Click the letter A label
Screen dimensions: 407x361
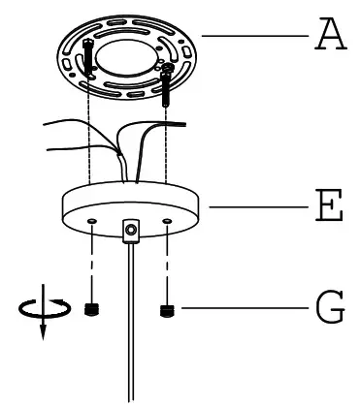click(x=330, y=36)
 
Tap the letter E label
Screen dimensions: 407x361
click(x=330, y=206)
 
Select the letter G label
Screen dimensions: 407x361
click(x=330, y=310)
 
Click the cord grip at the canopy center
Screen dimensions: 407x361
click(x=130, y=230)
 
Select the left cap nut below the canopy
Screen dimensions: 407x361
click(x=92, y=309)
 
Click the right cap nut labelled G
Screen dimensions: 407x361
click(x=166, y=310)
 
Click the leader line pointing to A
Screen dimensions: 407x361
click(x=252, y=36)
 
